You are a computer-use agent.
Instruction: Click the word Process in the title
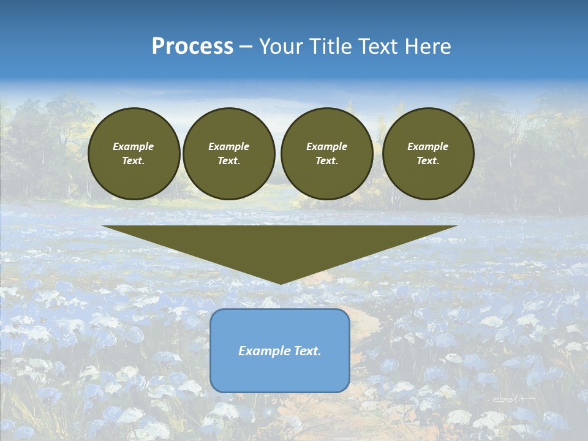192,47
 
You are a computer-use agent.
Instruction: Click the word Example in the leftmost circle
134,146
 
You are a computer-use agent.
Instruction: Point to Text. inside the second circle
228,161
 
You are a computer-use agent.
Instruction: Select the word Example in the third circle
326,146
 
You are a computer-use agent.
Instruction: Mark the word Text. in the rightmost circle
428,161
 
